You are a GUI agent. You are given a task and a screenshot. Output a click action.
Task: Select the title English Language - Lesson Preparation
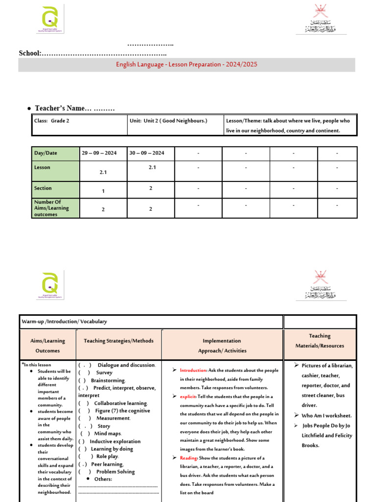click(186, 65)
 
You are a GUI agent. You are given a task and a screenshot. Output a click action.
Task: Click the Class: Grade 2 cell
click(51, 121)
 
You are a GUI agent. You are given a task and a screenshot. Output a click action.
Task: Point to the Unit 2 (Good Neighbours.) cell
click(168, 121)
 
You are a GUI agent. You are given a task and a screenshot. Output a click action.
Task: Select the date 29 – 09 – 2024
click(99, 153)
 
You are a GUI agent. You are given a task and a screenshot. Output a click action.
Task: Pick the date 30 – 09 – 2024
click(147, 153)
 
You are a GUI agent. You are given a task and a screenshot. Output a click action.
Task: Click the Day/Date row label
click(46, 153)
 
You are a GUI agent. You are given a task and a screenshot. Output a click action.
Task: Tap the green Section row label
click(43, 188)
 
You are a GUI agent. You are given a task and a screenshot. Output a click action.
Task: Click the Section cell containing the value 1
click(103, 191)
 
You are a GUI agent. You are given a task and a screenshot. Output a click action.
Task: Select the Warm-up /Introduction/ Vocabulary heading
click(64, 322)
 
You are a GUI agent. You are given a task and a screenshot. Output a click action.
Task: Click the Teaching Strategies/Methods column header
click(118, 341)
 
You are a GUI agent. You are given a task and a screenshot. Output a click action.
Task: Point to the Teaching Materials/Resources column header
click(320, 341)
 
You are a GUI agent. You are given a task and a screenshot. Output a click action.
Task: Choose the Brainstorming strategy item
click(108, 380)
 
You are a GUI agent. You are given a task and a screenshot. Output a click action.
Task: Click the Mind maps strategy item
click(108, 433)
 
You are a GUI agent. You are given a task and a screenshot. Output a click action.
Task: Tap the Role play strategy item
click(108, 456)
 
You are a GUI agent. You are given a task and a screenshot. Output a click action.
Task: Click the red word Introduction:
click(193, 370)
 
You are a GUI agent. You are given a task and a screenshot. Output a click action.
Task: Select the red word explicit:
click(188, 397)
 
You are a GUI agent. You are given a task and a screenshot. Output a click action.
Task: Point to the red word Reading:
click(188, 457)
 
